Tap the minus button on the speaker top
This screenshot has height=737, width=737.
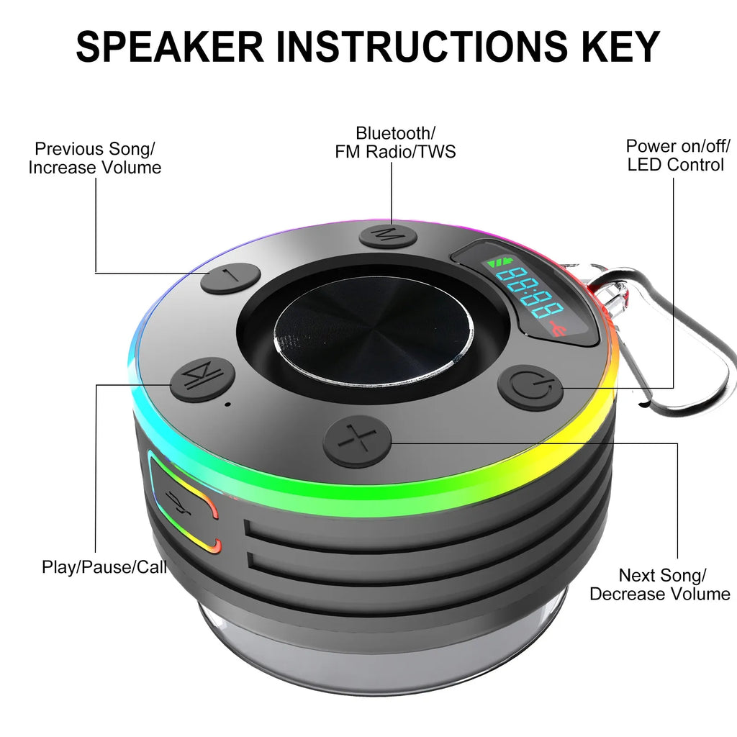pos(230,279)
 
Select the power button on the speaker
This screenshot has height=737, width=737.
pos(530,388)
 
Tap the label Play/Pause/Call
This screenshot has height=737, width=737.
pos(104,566)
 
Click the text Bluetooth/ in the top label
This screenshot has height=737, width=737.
pos(395,133)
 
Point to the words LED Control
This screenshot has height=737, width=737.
pos(675,165)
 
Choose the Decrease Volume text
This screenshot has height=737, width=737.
pos(659,594)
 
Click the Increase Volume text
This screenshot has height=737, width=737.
pos(94,168)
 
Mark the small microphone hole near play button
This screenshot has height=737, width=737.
pos(228,404)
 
